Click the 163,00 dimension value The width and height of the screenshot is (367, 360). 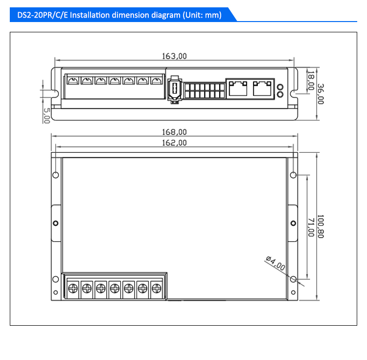[x=174, y=56]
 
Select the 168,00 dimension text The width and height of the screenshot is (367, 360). [x=174, y=132]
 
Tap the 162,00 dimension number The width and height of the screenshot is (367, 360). [x=174, y=143]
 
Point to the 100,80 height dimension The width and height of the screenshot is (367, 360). [x=321, y=226]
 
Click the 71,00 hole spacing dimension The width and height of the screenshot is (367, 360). [x=311, y=227]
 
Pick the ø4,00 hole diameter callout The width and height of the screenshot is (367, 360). [x=275, y=264]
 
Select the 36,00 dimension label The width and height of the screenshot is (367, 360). [x=321, y=94]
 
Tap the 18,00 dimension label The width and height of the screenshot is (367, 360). [x=311, y=81]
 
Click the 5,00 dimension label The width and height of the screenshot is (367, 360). [x=46, y=116]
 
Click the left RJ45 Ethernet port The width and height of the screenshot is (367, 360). [x=238, y=88]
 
